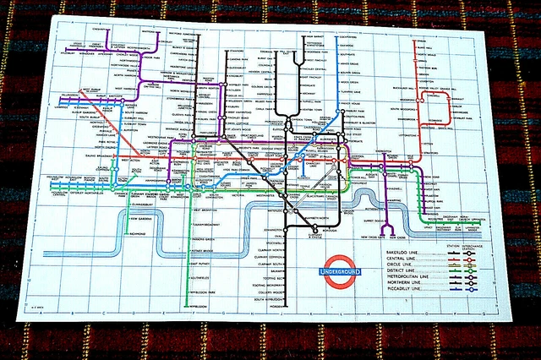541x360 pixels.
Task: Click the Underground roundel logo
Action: coord(341,269)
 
